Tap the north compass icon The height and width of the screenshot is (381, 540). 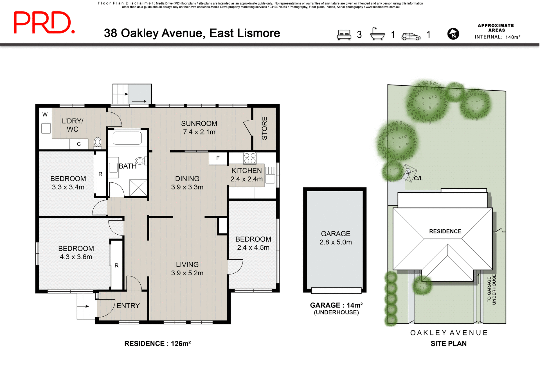click(453, 34)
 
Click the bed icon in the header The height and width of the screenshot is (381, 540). click(344, 35)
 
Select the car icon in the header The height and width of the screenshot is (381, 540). click(411, 36)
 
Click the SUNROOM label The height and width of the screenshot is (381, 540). click(199, 124)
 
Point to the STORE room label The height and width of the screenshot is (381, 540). click(264, 128)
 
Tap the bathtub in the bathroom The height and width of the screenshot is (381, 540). click(127, 138)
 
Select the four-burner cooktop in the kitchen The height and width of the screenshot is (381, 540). click(250, 158)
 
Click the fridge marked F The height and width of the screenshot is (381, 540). click(218, 158)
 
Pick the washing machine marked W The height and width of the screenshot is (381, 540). click(45, 114)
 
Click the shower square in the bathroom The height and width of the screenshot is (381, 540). click(138, 187)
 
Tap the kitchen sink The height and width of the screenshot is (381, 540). click(270, 179)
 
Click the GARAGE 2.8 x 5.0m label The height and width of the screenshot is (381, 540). click(335, 238)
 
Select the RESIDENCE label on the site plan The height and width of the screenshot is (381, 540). click(445, 231)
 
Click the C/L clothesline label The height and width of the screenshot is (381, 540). click(418, 178)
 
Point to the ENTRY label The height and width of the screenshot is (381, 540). click(128, 306)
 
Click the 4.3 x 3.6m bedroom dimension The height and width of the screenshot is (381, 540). click(76, 257)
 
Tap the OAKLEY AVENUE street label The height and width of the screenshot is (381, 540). click(449, 333)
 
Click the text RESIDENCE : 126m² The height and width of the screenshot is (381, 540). click(157, 344)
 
